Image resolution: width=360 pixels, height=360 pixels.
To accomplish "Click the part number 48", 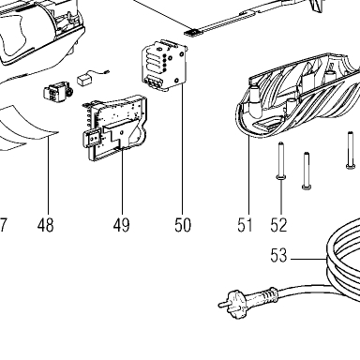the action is (46, 225).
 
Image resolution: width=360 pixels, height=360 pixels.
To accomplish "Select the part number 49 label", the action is (122, 225).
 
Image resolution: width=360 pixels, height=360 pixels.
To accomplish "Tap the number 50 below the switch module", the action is (183, 225).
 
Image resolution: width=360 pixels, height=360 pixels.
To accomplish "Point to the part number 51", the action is (245, 225).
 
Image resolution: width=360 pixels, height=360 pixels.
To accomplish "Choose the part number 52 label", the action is (278, 225).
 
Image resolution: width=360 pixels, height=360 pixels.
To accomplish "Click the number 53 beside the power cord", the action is (278, 255).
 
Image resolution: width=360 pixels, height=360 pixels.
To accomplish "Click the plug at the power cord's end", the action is (232, 304).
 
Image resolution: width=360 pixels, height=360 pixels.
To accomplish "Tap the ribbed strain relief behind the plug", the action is (264, 295).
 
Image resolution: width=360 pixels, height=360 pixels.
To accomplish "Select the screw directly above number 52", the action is (281, 160).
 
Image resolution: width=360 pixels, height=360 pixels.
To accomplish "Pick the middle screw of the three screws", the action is (307, 171).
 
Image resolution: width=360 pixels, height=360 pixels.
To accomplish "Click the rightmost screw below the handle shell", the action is (351, 150).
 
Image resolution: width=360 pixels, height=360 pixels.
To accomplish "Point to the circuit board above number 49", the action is (114, 128).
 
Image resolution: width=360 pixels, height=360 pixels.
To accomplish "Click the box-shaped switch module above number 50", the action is (165, 66).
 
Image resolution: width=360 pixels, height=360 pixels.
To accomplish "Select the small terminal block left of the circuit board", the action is (57, 93).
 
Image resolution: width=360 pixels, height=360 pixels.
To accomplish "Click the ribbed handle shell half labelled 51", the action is (297, 96).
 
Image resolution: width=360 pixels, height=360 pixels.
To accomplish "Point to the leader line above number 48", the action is (49, 175).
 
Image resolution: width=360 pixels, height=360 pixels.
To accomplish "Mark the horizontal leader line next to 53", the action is (308, 259).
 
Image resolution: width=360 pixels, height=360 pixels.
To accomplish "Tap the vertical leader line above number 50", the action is (182, 151).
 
